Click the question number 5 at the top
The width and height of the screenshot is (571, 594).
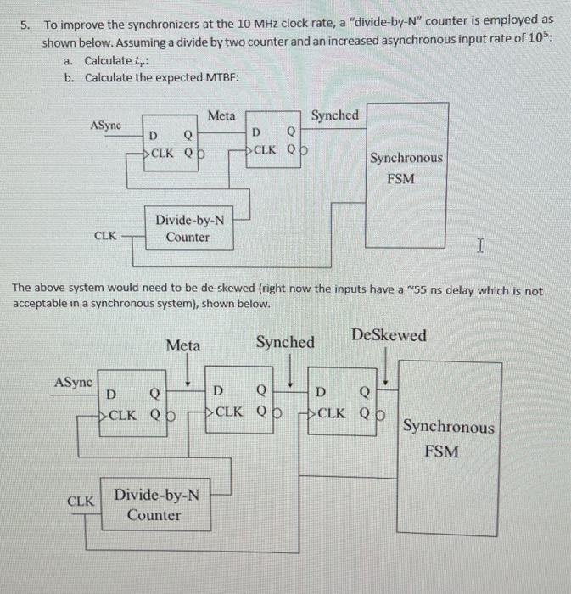25,26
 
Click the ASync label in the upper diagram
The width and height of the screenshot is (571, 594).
105,125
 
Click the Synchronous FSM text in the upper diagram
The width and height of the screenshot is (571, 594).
406,168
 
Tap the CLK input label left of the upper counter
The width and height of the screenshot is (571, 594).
104,237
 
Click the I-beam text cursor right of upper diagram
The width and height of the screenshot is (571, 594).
480,247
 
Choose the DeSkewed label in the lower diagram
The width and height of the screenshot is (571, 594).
389,336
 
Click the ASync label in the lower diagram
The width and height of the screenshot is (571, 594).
74,382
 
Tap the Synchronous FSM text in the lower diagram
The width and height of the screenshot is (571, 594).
447,438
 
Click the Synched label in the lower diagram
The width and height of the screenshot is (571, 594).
286,343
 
